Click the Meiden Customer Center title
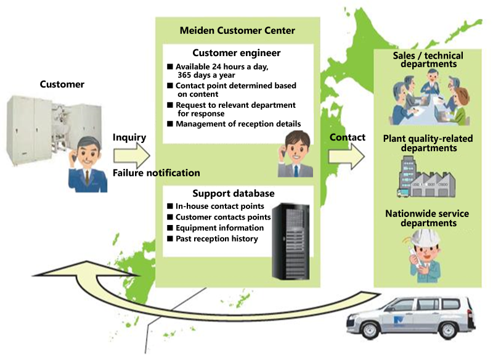(237, 30)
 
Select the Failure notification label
(156, 173)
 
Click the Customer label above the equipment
(62, 84)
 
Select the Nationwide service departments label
(427, 218)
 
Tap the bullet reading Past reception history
(216, 239)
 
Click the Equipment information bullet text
(219, 228)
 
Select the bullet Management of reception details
(238, 125)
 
